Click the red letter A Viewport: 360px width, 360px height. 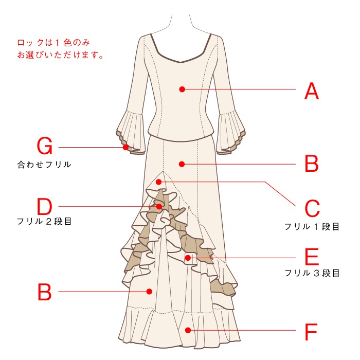(x=312, y=91)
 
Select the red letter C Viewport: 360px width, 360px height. (x=312, y=208)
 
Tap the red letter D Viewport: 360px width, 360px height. (x=45, y=206)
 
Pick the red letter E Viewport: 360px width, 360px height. (x=312, y=257)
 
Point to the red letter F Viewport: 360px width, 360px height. (x=311, y=332)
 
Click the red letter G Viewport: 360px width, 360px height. (x=45, y=146)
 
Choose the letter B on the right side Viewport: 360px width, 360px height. (x=312, y=164)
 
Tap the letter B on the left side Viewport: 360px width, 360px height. (x=44, y=292)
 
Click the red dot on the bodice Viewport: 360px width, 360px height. (x=182, y=89)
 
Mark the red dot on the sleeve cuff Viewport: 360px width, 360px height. (x=125, y=147)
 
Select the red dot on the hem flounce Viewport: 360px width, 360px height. (x=188, y=330)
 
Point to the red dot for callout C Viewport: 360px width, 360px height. (x=158, y=182)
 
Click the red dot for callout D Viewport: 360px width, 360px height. (x=159, y=207)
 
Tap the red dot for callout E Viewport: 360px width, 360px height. (x=188, y=258)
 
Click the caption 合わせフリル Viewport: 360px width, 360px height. (x=44, y=165)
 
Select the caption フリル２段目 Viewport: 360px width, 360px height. (x=44, y=222)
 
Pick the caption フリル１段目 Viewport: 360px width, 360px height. (x=312, y=227)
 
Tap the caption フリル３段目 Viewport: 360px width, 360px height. (x=312, y=273)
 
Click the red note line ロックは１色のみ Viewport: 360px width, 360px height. (x=53, y=43)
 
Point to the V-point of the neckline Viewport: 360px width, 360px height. (x=181, y=62)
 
